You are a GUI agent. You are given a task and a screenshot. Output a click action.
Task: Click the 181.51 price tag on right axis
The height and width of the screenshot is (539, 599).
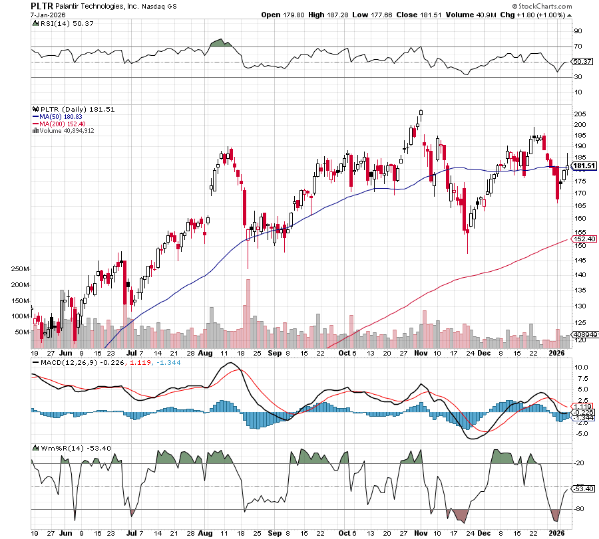[584, 165]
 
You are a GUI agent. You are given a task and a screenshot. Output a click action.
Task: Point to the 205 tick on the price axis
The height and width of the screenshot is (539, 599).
[579, 114]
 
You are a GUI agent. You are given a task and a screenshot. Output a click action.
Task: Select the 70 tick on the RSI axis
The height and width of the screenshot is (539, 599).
[578, 47]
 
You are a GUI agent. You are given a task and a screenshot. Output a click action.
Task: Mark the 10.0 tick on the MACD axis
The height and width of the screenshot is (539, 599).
[581, 367]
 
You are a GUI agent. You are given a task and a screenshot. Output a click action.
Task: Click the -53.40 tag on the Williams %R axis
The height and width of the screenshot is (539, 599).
[583, 488]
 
